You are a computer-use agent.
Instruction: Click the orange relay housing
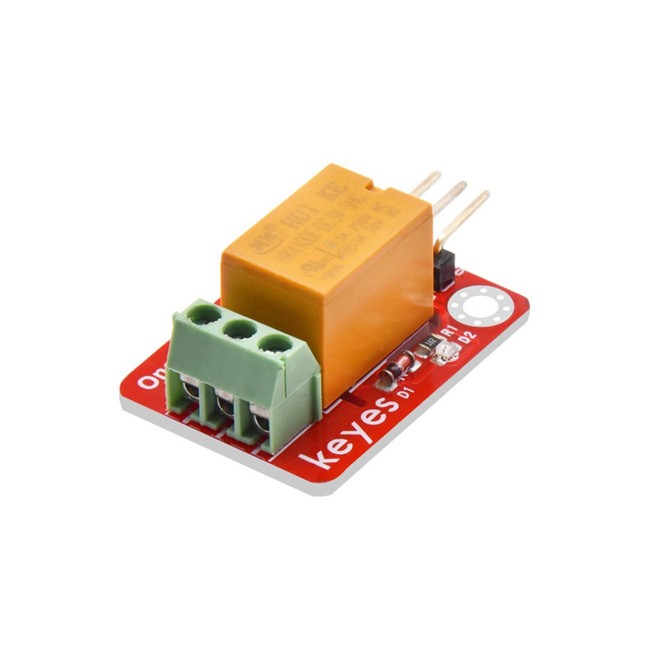click(329, 277)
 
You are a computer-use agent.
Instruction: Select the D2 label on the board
click(469, 339)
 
